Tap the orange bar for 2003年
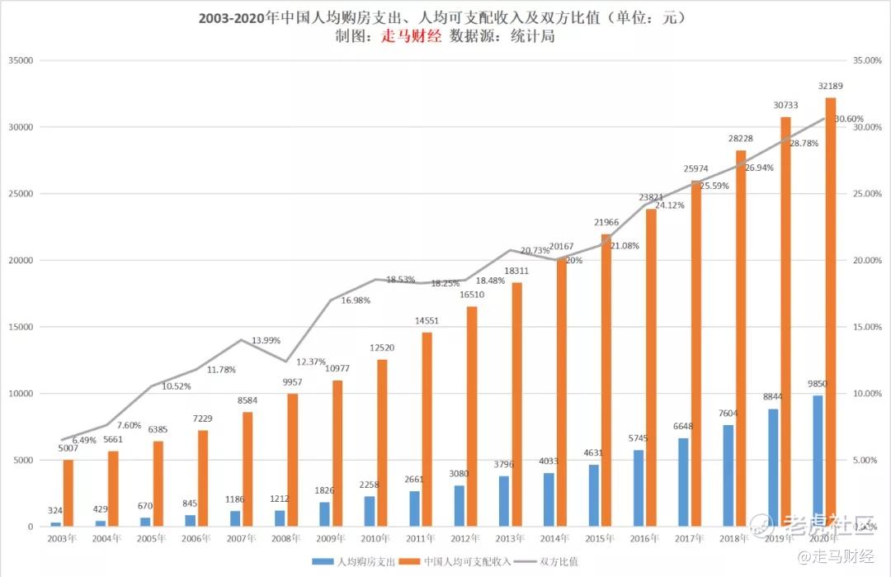click(68, 493)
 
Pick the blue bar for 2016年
click(639, 488)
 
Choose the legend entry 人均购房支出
click(357, 561)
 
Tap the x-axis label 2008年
click(284, 537)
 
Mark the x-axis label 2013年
click(506, 537)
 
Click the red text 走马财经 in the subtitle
click(411, 35)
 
